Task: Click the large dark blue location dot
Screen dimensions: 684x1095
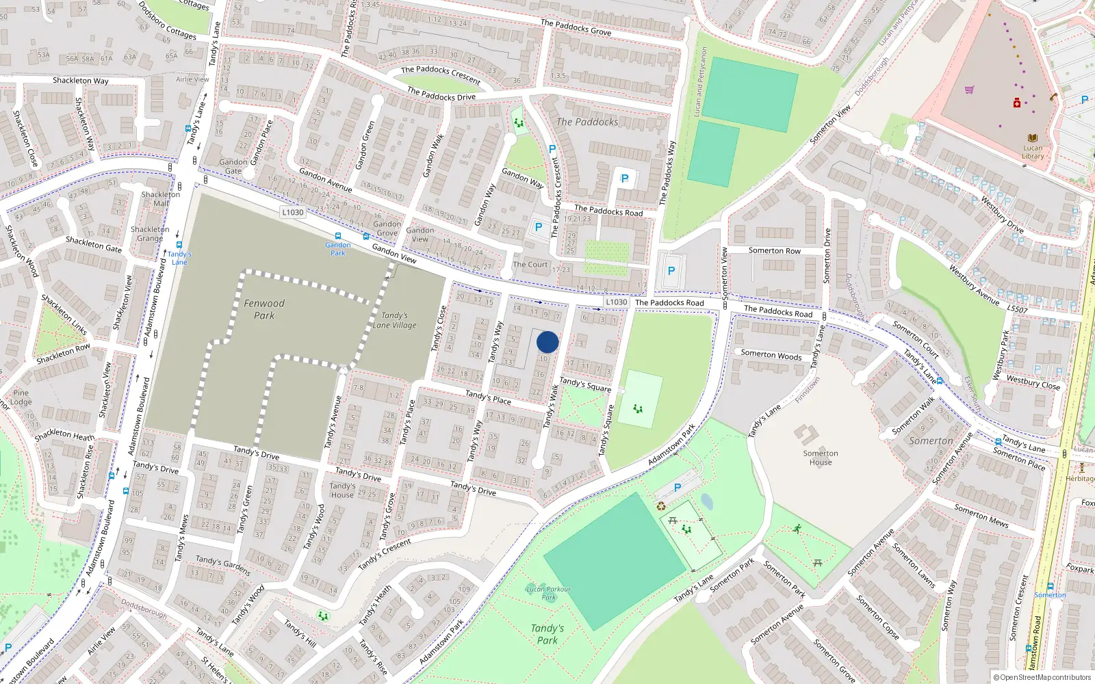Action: pos(547,342)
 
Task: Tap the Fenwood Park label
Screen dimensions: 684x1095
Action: pos(264,309)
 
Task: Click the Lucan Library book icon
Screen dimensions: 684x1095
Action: pos(1032,138)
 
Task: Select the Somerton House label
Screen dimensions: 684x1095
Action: pos(821,458)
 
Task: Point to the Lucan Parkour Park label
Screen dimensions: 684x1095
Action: pos(548,592)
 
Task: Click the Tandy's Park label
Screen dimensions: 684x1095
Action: pos(547,634)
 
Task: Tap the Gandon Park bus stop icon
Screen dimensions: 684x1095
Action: pos(337,236)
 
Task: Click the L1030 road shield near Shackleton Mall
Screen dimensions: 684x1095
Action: pos(292,212)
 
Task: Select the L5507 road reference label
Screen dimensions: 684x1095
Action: pos(1017,309)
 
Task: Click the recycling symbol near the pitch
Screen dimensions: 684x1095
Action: pos(661,506)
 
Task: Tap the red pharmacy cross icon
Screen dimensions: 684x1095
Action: pos(1017,103)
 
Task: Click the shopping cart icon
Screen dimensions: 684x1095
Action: pos(969,90)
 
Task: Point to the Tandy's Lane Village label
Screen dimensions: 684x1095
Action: pos(394,320)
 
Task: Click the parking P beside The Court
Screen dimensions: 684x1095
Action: pos(539,227)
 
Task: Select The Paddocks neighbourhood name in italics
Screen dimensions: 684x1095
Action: pos(587,122)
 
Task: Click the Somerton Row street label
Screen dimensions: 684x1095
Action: pos(774,250)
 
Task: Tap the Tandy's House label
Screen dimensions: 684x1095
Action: pos(342,490)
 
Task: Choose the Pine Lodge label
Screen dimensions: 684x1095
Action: pos(21,397)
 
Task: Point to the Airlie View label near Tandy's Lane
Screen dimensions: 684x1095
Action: pos(192,79)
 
